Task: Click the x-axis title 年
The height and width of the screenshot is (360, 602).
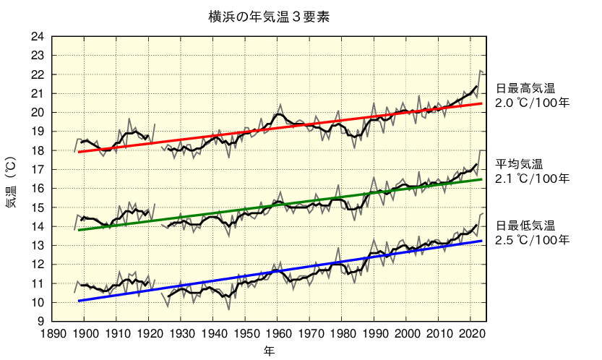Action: (268, 351)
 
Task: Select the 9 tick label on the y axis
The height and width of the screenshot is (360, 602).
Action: (41, 322)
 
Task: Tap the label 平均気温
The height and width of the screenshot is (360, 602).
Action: (519, 163)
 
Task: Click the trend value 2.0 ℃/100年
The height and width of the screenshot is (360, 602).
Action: (532, 103)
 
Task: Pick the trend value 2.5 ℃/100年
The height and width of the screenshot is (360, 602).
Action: (532, 239)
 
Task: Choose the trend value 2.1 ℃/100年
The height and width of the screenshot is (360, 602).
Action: (532, 178)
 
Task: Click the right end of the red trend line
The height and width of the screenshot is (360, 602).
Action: (482, 103)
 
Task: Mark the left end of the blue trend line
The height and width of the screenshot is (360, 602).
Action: (78, 301)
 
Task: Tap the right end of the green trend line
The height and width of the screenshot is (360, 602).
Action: (482, 179)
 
